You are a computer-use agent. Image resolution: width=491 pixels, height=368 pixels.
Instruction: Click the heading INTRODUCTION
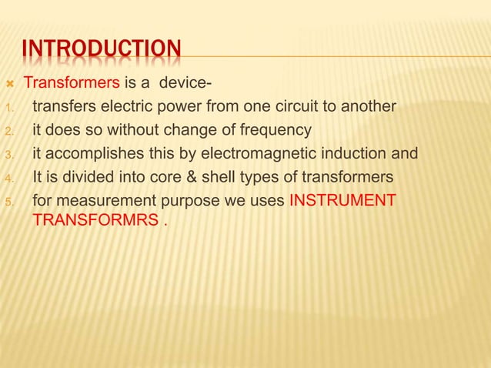[101, 52]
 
